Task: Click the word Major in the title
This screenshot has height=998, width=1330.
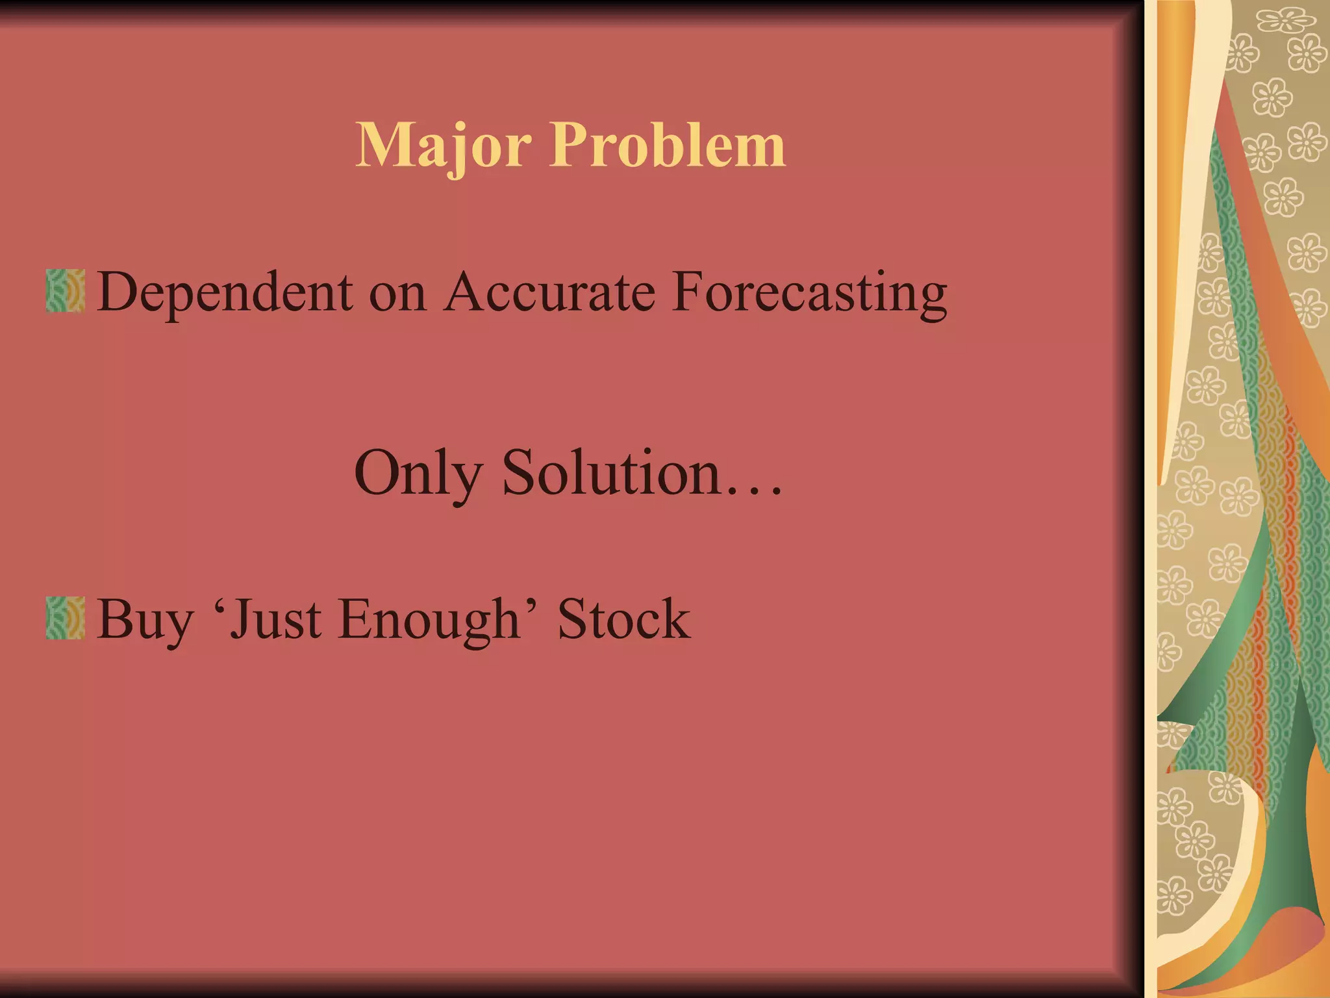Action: (x=444, y=146)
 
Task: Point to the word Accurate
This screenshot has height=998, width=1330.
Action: (x=549, y=292)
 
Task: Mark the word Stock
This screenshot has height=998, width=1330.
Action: (x=624, y=619)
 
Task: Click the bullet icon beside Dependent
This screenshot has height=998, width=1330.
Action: (x=66, y=291)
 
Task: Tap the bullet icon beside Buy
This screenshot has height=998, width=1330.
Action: (x=66, y=618)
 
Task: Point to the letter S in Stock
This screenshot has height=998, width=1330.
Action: (x=573, y=619)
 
